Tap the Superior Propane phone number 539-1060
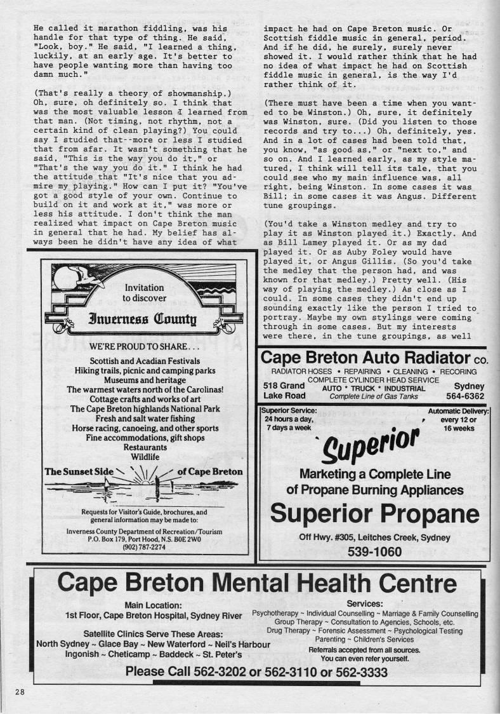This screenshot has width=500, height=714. point(374,551)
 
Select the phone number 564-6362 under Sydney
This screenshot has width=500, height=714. point(465,396)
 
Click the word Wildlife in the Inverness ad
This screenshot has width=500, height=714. point(145,456)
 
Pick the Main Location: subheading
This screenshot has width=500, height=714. point(154,605)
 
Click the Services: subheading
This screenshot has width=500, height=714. point(364,603)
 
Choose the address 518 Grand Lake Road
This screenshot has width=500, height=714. point(284,391)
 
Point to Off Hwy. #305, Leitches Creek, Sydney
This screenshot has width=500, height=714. point(374,537)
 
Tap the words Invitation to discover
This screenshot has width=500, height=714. point(145,292)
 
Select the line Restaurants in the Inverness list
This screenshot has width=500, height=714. point(145,447)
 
